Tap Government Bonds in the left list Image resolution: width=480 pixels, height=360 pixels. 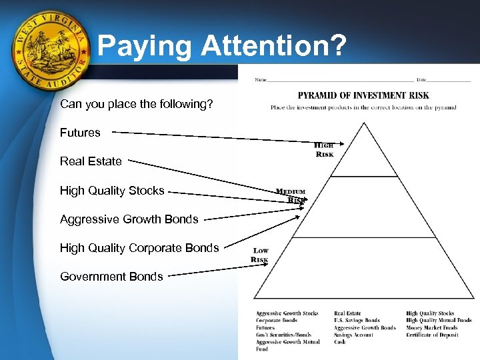pos(111,277)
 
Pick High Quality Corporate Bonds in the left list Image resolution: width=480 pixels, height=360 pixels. pos(139,248)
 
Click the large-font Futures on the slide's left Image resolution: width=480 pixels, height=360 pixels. pos(80,133)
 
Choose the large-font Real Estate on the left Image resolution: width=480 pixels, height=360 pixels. pos(91,161)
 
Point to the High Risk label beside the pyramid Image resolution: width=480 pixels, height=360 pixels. pos(324,150)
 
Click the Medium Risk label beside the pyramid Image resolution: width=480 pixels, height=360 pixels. pos(291,195)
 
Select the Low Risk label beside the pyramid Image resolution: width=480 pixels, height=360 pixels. pos(260,255)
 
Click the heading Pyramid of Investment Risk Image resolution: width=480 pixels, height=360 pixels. pos(363,95)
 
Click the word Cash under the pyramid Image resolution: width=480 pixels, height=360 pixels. pos(340,342)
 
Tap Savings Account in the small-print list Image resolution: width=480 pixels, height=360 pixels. pos(353,335)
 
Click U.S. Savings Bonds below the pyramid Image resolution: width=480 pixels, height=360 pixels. pos(357,321)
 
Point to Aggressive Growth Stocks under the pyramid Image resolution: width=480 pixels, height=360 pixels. pos(287,313)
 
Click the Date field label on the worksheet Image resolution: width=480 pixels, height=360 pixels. pos(423,80)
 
